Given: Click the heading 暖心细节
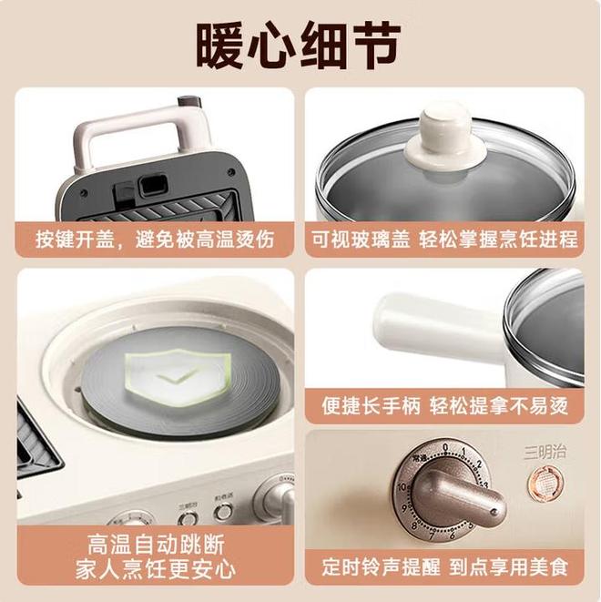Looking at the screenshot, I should (x=300, y=41).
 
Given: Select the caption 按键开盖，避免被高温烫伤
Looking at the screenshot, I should (x=154, y=240).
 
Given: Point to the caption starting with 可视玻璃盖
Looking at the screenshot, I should (x=446, y=240).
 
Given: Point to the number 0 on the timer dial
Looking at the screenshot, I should (x=444, y=446).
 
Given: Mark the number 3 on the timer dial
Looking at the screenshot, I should (x=484, y=485).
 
